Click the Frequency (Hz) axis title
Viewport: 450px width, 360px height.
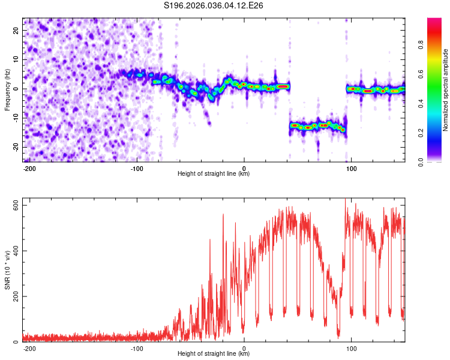pyautogui.click(x=7, y=89)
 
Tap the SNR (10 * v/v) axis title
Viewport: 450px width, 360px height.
pyautogui.click(x=7, y=272)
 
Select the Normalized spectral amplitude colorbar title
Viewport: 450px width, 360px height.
pyautogui.click(x=446, y=90)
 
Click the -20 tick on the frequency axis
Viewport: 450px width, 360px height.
pyautogui.click(x=15, y=147)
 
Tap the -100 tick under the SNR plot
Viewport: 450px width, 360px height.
pyautogui.click(x=137, y=348)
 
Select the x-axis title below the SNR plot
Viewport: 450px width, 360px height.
pyautogui.click(x=214, y=355)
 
